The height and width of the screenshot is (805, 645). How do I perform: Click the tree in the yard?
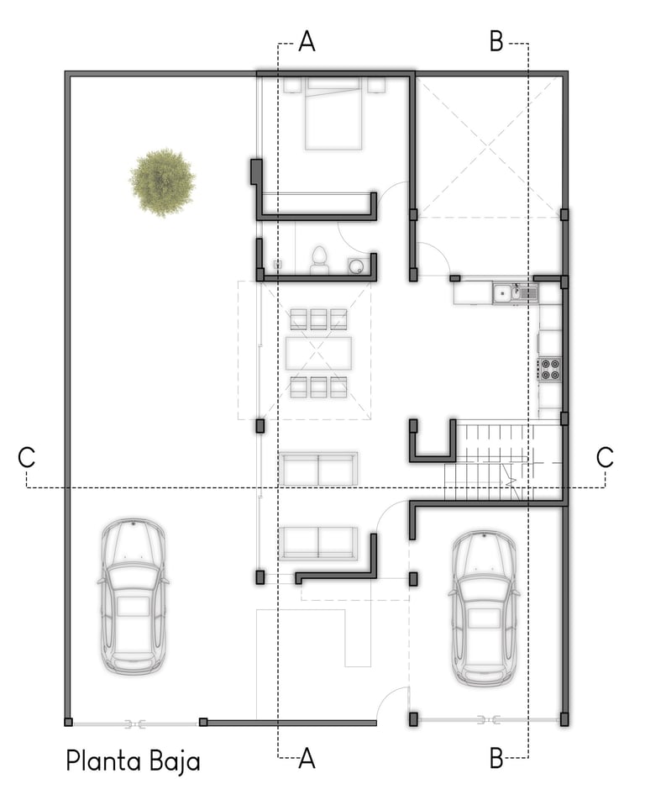pyautogui.click(x=163, y=182)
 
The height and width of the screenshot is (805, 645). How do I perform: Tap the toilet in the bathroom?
pyautogui.click(x=318, y=260)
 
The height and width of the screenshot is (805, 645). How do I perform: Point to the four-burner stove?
pyautogui.click(x=549, y=369)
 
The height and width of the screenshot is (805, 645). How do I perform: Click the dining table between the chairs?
pyautogui.click(x=318, y=353)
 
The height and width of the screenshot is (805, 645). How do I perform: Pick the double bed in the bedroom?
pyautogui.click(x=333, y=113)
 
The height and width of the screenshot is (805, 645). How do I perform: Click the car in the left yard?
pyautogui.click(x=133, y=596)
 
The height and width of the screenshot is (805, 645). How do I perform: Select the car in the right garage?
pyautogui.click(x=483, y=608)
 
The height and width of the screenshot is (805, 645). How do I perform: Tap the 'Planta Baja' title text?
pyautogui.click(x=133, y=760)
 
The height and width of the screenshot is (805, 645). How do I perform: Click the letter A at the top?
pyautogui.click(x=307, y=41)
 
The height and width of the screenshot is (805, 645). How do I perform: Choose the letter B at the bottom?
pyautogui.click(x=496, y=757)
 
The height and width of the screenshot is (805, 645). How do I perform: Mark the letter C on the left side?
pyautogui.click(x=27, y=457)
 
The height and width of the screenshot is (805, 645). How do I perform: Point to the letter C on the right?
pyautogui.click(x=606, y=456)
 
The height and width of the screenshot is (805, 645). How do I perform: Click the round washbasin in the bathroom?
pyautogui.click(x=356, y=265)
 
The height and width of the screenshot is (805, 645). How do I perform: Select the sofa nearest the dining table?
pyautogui.click(x=318, y=469)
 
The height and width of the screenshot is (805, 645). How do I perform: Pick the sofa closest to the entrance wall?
pyautogui.click(x=318, y=543)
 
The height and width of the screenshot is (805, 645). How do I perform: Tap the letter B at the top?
pyautogui.click(x=496, y=41)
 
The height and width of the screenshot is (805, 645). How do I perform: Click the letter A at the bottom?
pyautogui.click(x=307, y=757)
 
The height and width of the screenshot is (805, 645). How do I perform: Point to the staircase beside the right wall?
pyautogui.click(x=502, y=461)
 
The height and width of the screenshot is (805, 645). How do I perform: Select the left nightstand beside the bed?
pyautogui.click(x=292, y=85)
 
